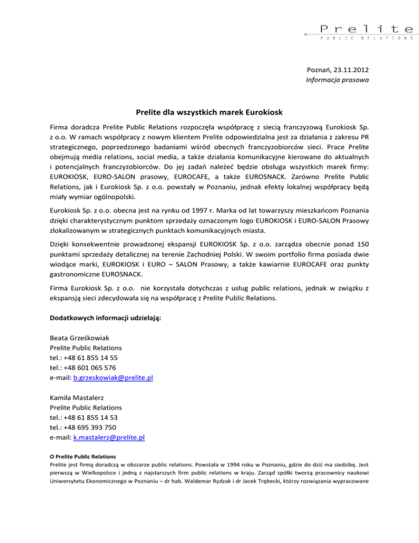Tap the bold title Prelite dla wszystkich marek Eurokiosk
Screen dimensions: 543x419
pos(209,113)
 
